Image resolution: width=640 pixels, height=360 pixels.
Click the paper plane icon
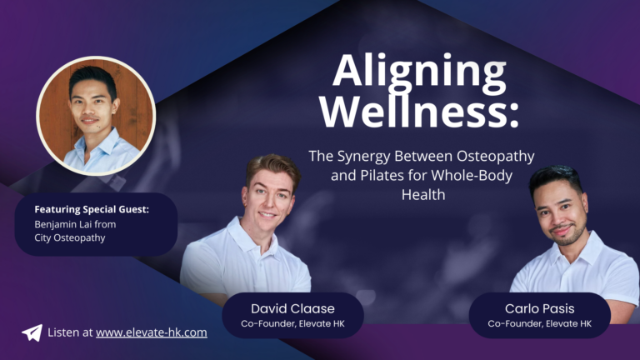[x=32, y=332]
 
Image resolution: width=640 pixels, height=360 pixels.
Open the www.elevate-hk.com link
[x=152, y=332]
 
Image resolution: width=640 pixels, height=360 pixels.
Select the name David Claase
[x=292, y=308]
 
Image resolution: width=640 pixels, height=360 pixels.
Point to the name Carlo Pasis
[x=540, y=308]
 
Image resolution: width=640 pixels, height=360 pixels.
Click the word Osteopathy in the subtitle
[x=496, y=157]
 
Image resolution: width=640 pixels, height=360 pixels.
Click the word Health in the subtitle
[x=423, y=195]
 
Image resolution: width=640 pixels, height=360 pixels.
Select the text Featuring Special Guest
[x=92, y=209]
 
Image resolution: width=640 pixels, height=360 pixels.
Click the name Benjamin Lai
[x=62, y=224]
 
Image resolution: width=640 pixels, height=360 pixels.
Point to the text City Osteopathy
[x=70, y=238]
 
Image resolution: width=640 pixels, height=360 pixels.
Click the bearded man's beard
[x=568, y=236]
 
